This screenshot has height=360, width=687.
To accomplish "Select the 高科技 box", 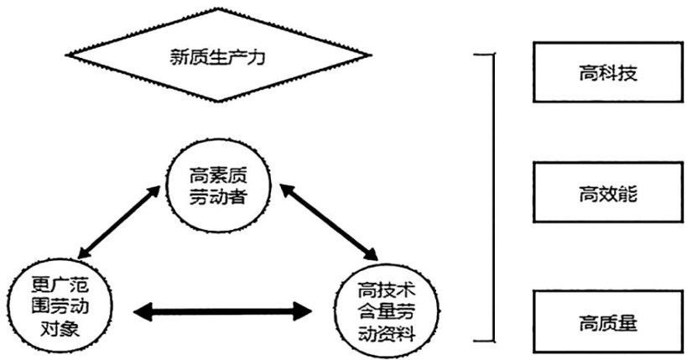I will coord(608,73).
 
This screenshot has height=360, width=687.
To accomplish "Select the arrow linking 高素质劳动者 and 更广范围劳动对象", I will coord(117,222).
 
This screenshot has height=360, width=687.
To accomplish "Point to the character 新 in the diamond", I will coord(176,60).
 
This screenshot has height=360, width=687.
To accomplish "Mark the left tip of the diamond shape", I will coord(67,59).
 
